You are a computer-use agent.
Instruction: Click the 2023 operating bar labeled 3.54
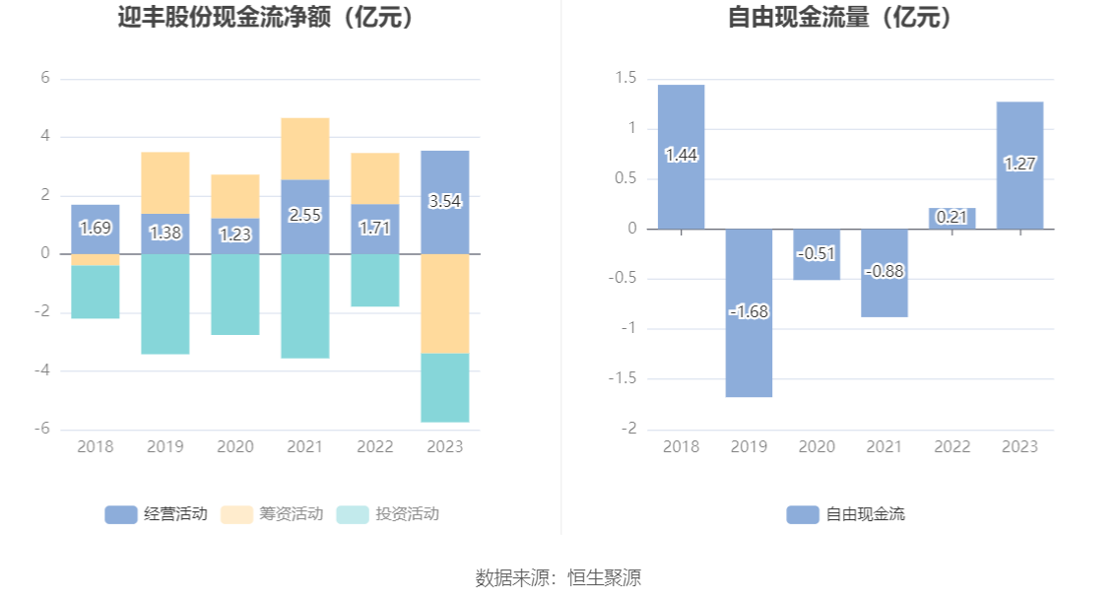[444, 202]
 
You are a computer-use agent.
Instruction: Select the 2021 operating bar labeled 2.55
[304, 216]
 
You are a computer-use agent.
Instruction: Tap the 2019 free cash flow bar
[749, 312]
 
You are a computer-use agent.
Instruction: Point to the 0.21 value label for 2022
[952, 217]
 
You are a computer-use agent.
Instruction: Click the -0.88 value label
[885, 271]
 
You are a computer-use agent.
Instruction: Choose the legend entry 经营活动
[158, 514]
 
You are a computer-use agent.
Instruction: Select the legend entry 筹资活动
[273, 514]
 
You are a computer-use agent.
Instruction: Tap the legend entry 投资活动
[389, 514]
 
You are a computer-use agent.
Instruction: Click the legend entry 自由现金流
[847, 514]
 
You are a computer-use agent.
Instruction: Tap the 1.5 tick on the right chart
[625, 79]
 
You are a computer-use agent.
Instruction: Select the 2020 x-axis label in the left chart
[235, 446]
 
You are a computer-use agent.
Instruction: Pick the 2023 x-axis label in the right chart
[1019, 446]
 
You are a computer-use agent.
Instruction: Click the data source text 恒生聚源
[603, 577]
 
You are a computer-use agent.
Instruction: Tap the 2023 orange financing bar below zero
[444, 303]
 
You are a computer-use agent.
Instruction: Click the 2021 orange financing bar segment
[304, 149]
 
